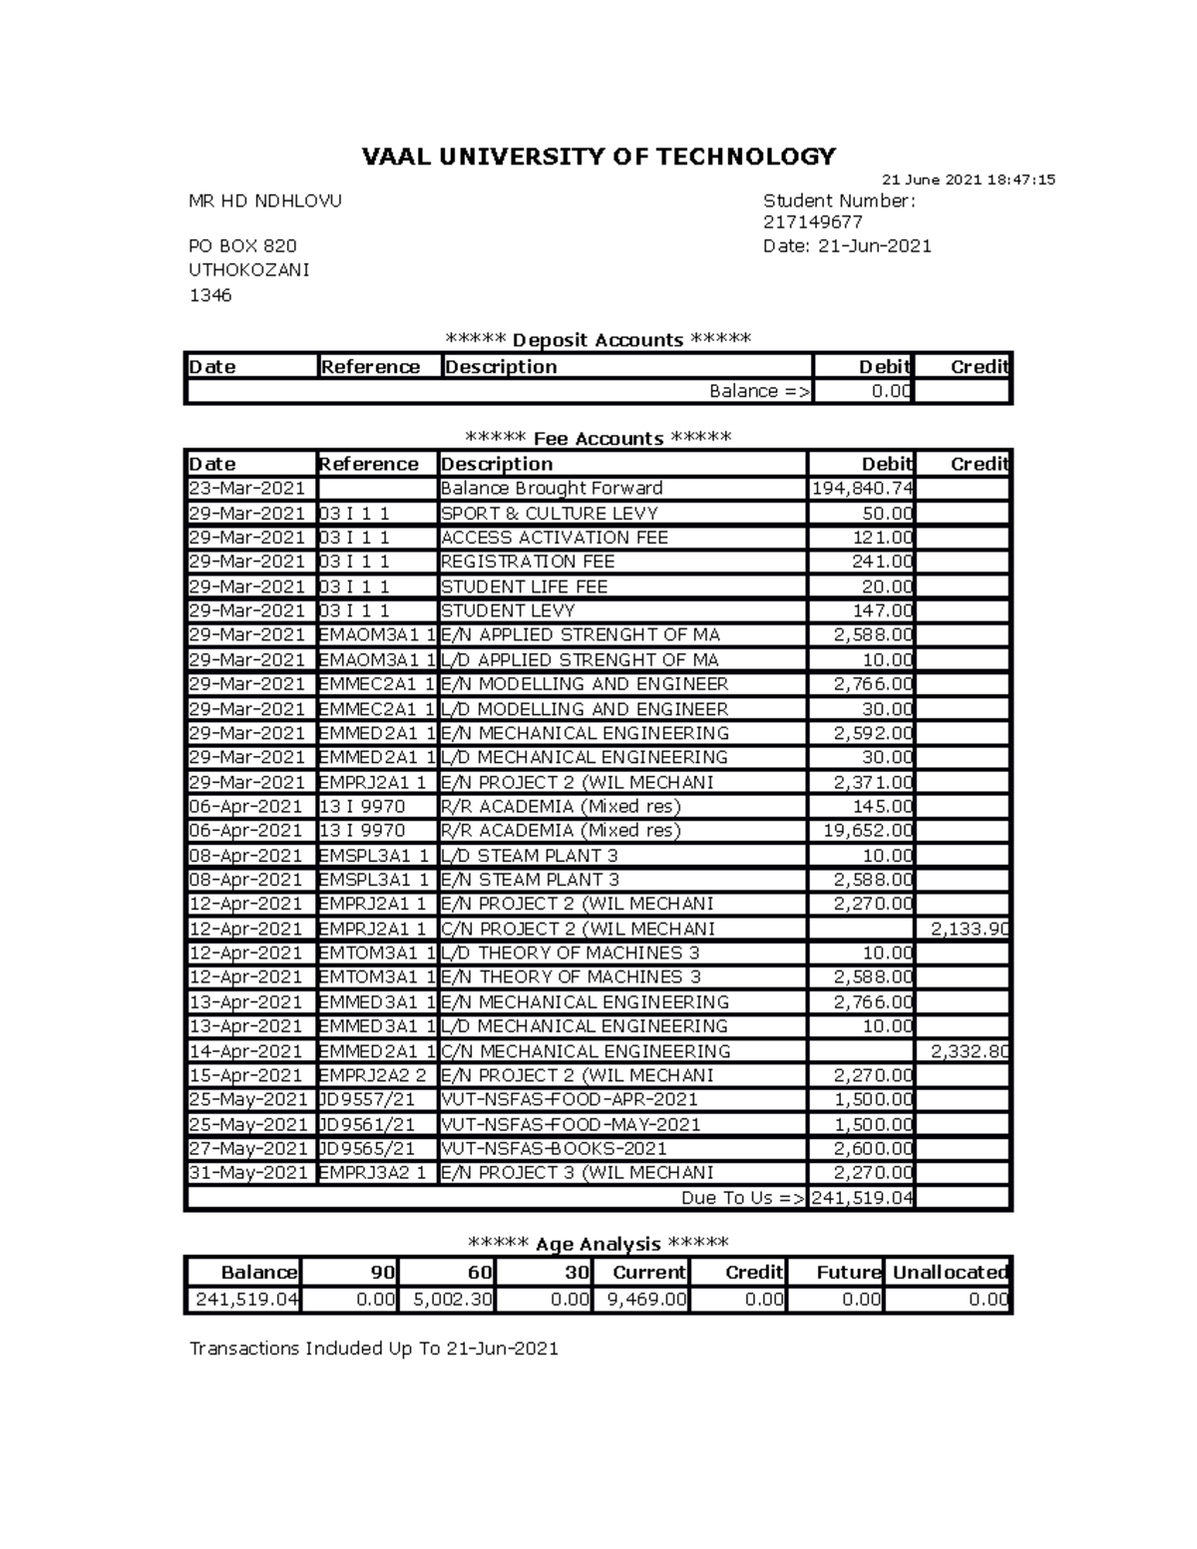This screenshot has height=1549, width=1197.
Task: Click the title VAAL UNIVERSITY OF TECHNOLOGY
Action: (598, 157)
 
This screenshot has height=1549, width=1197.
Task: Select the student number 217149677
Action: (812, 222)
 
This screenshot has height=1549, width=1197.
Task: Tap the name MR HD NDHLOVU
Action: (265, 200)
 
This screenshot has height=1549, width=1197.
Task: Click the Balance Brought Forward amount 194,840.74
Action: (862, 489)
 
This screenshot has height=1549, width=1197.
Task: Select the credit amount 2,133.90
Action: (970, 929)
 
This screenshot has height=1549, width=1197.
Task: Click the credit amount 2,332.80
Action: (970, 1051)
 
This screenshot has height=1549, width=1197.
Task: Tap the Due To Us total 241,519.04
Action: (862, 1198)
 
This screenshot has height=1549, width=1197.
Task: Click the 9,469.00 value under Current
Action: (645, 1300)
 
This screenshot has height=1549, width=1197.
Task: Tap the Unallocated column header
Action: (950, 1273)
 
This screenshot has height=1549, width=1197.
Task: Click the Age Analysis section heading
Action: (598, 1244)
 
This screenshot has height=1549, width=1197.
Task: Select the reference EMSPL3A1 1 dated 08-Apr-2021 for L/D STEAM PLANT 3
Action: (373, 856)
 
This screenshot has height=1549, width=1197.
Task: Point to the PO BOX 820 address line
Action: (242, 246)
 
